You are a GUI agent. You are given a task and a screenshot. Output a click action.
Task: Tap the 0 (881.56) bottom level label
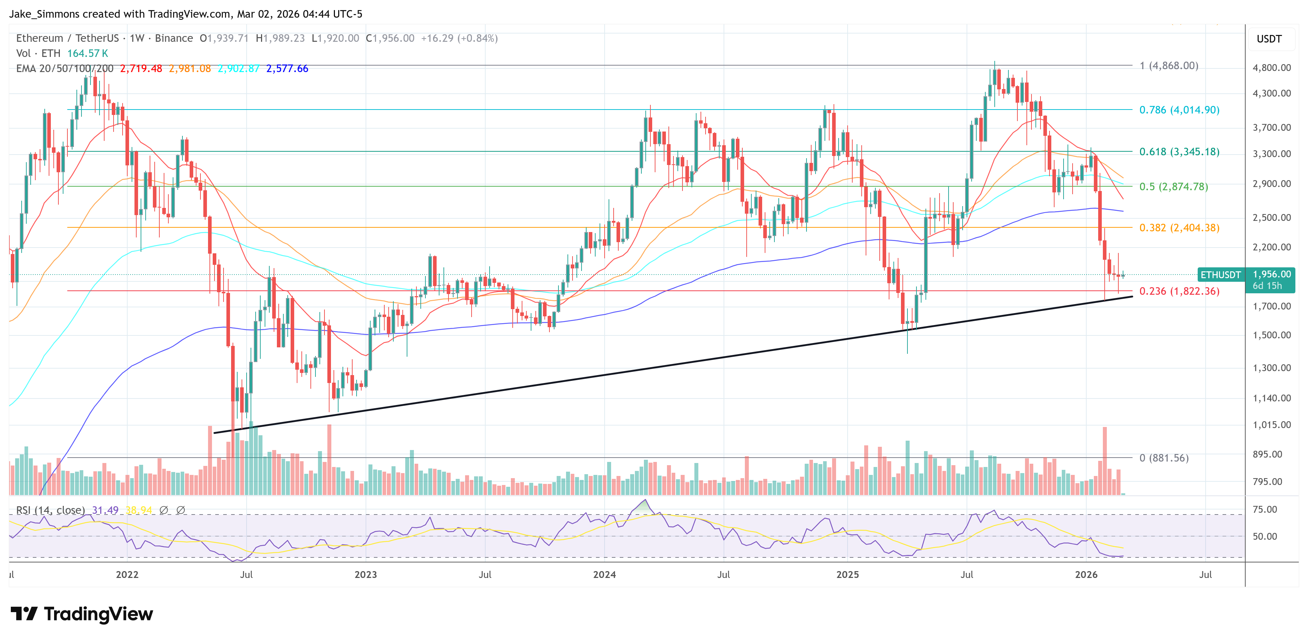tap(1164, 458)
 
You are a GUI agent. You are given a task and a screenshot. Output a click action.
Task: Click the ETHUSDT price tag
tap(1220, 275)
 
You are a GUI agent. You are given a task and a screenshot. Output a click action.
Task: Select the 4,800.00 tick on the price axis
tap(1272, 67)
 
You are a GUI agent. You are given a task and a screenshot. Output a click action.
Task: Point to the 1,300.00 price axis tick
tap(1272, 368)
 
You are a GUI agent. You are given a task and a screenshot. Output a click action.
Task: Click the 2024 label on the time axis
tap(604, 574)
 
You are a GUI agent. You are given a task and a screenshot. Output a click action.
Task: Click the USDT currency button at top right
tap(1269, 39)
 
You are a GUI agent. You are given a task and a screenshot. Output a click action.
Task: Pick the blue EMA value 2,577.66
tap(287, 68)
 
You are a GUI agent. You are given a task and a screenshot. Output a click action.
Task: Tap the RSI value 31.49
tap(105, 510)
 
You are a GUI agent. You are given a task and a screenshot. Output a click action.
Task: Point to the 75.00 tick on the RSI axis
tap(1264, 509)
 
